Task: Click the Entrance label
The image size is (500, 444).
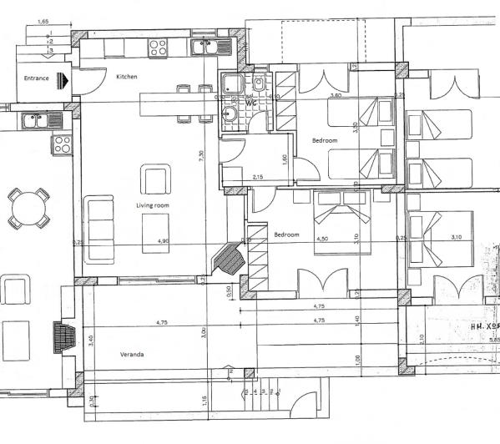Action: click(x=35, y=80)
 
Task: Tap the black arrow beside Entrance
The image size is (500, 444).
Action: click(x=64, y=80)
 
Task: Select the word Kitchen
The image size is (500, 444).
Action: click(x=127, y=77)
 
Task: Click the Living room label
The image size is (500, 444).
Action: click(x=153, y=205)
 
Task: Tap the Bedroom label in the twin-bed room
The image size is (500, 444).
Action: click(x=325, y=141)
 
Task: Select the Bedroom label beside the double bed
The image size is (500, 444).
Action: click(x=286, y=235)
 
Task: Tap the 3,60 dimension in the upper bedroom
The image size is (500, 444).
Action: click(x=336, y=96)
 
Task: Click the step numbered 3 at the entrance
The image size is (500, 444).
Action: click(x=51, y=51)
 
